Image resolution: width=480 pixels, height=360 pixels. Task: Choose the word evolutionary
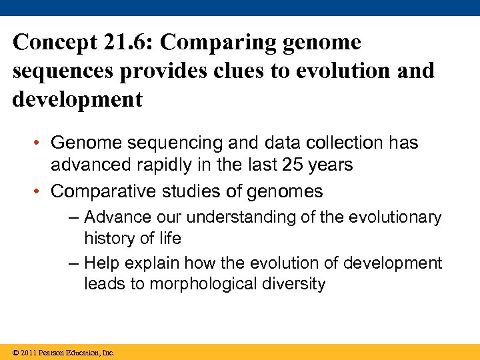(399, 217)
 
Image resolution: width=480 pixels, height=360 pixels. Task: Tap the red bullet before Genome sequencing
(41, 143)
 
